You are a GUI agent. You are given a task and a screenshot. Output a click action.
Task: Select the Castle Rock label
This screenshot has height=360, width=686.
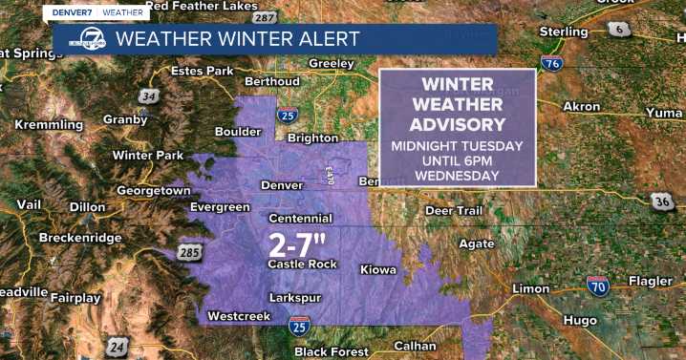pos(302,264)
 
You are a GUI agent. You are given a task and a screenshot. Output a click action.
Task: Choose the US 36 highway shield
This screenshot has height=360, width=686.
pos(663,201)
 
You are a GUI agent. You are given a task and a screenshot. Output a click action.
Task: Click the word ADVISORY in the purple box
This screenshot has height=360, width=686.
pos(457,125)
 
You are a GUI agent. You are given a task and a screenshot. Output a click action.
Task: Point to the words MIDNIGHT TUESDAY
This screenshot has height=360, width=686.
pos(457,146)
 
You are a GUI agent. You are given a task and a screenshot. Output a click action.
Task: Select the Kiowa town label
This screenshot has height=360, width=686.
pos(378,270)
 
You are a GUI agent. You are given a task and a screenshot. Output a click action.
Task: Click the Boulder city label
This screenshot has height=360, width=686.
pos(239,132)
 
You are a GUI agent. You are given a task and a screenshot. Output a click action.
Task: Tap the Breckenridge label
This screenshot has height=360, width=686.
pos(79,237)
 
